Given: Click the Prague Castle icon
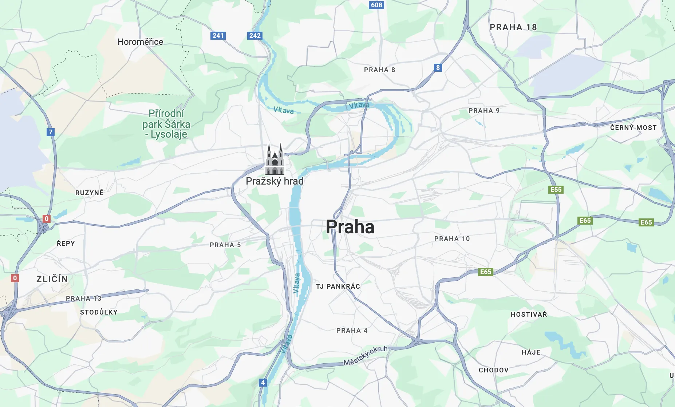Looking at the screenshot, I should click(275, 159).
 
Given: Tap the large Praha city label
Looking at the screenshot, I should click(350, 227).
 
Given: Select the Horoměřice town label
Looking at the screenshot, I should click(140, 42).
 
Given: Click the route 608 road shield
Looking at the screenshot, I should click(376, 5).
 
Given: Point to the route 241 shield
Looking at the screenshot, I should click(218, 36).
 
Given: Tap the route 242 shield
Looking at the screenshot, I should click(255, 36).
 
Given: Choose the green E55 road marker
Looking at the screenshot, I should click(556, 190).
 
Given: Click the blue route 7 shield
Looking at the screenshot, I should click(51, 132).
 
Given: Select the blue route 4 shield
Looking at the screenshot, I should click(263, 383).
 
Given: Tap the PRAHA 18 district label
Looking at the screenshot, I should click(513, 27).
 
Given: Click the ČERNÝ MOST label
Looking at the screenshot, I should click(633, 128).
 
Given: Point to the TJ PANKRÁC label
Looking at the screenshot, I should click(338, 287).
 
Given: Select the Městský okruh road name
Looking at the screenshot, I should click(366, 355).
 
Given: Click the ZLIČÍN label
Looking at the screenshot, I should click(52, 279).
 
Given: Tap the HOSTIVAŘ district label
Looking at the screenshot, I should click(529, 315).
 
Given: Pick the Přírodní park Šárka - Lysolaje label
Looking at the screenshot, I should click(166, 124).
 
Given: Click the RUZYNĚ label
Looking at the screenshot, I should click(89, 193).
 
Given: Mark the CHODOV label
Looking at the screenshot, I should click(493, 370).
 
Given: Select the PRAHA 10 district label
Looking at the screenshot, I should click(452, 239).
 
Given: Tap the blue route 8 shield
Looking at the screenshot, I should click(438, 68).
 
